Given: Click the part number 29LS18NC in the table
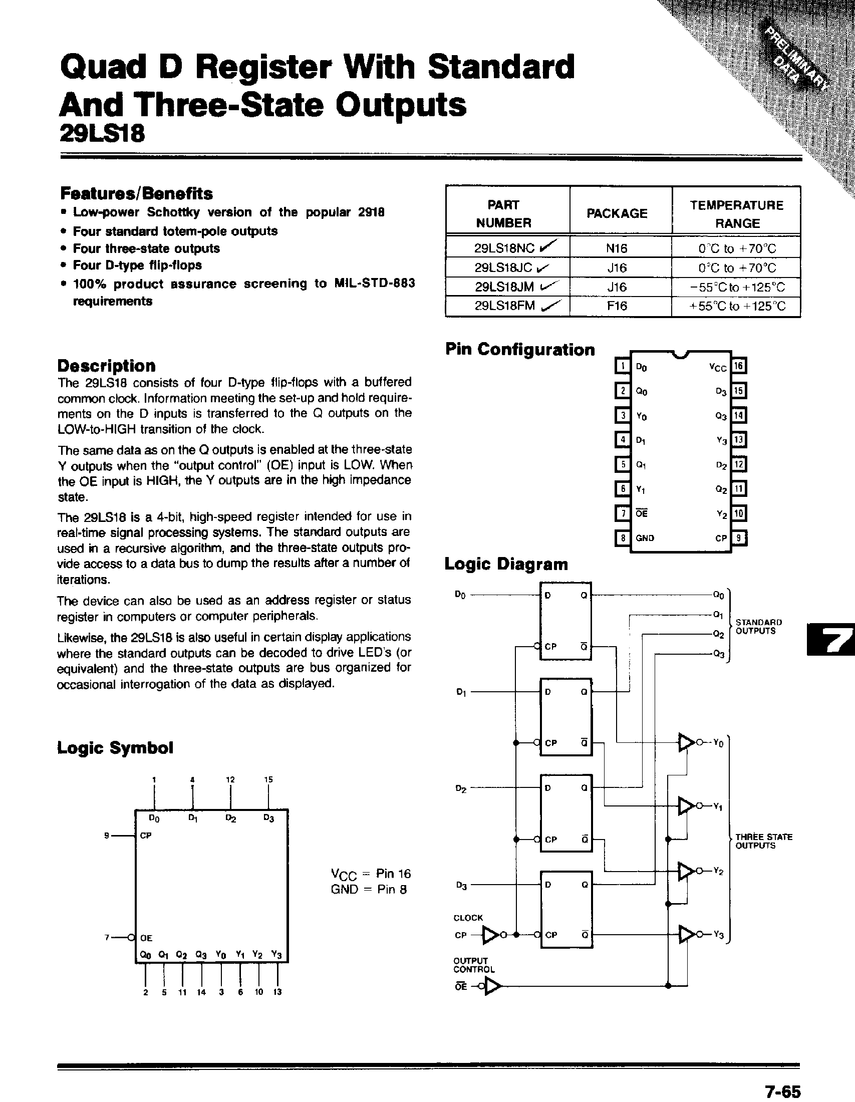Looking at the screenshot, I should pos(504,248).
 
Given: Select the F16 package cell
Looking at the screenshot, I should pos(617,306).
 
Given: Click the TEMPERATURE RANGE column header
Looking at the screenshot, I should pos(736,214).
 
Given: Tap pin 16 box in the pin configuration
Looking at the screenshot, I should pos(738,366).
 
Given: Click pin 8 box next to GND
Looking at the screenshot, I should pos(623,538).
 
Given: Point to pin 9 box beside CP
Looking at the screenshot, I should pos(739,538).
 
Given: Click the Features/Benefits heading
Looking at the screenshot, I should pos(136,193).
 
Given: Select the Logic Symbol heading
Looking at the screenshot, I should pos(115,747).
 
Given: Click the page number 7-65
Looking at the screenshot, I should pos(782,1092).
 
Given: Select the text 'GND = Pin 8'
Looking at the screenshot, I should pos(369,889).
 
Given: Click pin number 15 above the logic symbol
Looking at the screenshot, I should pos(268,779).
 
